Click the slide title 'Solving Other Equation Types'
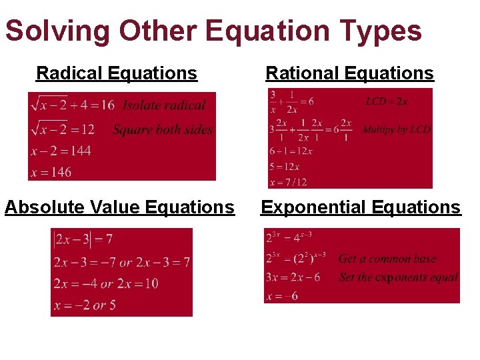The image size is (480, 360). (213, 31)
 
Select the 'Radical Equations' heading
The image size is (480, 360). (117, 73)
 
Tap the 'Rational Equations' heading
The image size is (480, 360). (349, 73)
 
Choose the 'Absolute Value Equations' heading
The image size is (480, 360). (119, 207)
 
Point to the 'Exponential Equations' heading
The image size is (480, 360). (360, 207)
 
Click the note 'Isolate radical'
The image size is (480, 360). (164, 105)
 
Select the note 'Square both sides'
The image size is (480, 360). (163, 129)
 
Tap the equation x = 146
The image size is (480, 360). (51, 172)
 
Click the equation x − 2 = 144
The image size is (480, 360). (61, 151)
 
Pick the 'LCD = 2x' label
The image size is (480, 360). (387, 101)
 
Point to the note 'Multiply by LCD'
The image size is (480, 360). (396, 129)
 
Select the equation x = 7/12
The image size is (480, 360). (288, 181)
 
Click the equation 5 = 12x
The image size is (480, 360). (285, 166)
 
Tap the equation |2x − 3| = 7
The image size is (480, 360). (83, 239)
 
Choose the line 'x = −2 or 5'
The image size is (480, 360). (85, 305)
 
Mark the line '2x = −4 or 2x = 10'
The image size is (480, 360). (106, 283)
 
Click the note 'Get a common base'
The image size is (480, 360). (387, 259)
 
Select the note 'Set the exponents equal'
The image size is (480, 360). (398, 277)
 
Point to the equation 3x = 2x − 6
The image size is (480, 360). (293, 277)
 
